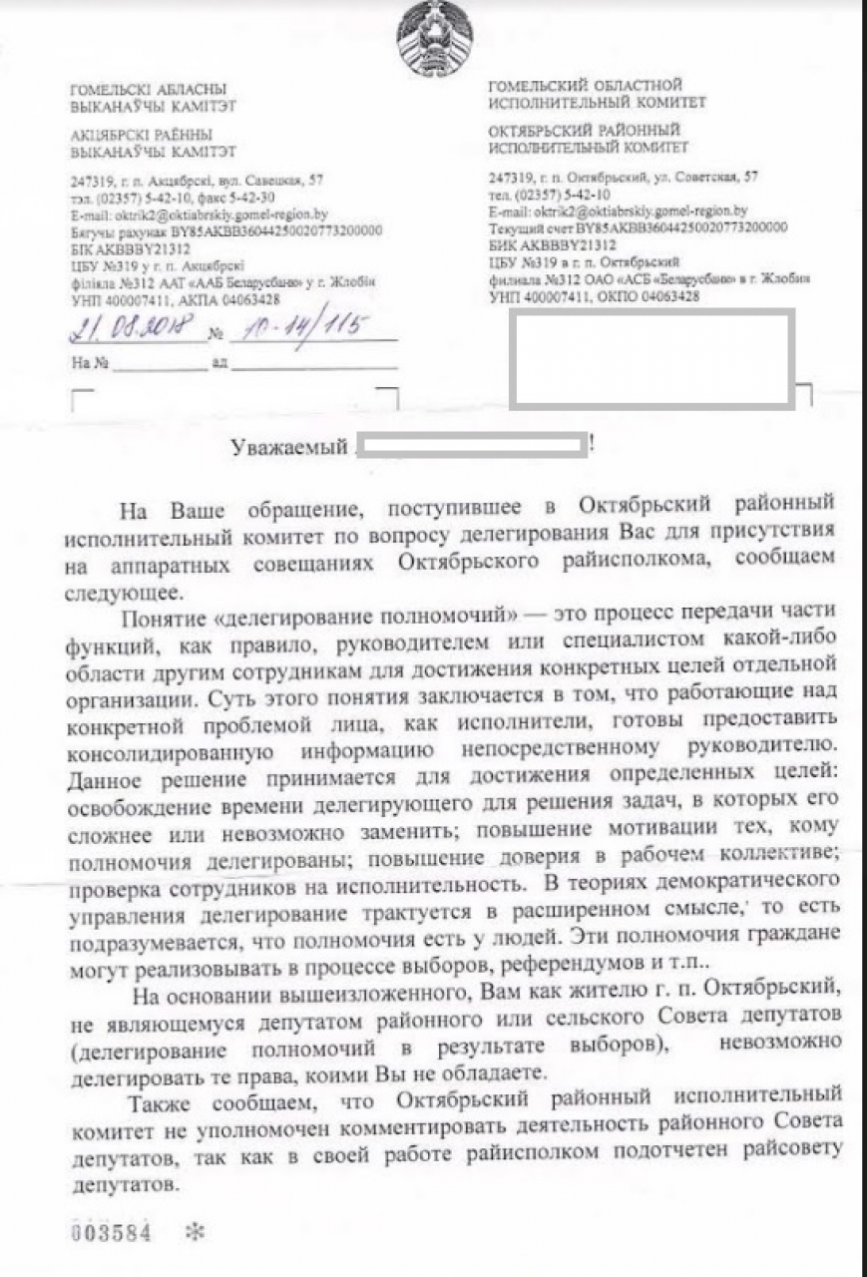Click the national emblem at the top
click(434, 38)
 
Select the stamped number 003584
click(110, 1232)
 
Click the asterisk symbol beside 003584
click(195, 1232)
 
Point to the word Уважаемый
click(288, 447)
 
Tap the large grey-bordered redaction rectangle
click(651, 359)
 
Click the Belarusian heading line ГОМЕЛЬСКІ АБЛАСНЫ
click(148, 90)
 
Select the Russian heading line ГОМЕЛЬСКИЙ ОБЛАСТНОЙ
click(585, 86)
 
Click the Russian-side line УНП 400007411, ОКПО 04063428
click(594, 296)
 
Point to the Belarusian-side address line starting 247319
click(197, 182)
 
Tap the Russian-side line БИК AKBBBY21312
click(552, 244)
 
